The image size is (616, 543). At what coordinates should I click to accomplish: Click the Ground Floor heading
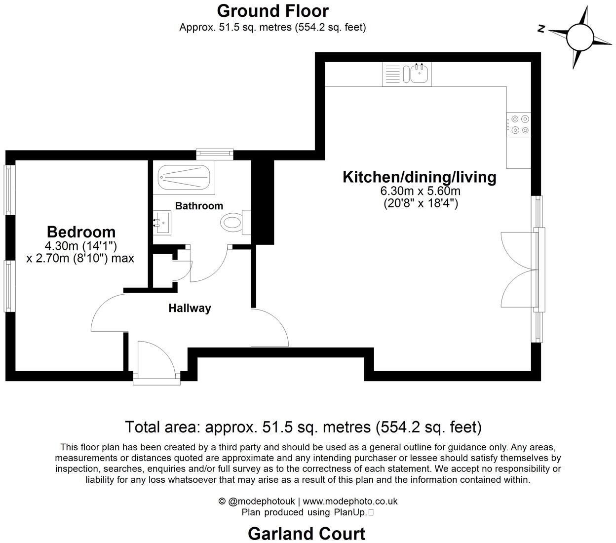click(272, 10)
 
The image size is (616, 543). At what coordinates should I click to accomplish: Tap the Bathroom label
click(199, 206)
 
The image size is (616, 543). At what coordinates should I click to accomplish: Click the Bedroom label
click(81, 232)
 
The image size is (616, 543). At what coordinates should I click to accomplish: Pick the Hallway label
click(190, 308)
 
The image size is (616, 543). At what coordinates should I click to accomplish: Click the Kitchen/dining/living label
click(419, 177)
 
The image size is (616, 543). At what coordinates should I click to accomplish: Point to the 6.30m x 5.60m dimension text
click(420, 191)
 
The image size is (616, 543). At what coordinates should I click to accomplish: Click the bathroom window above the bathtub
click(214, 154)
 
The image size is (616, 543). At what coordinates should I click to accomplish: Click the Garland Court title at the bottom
click(307, 534)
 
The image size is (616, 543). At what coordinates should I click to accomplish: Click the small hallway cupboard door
click(184, 264)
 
